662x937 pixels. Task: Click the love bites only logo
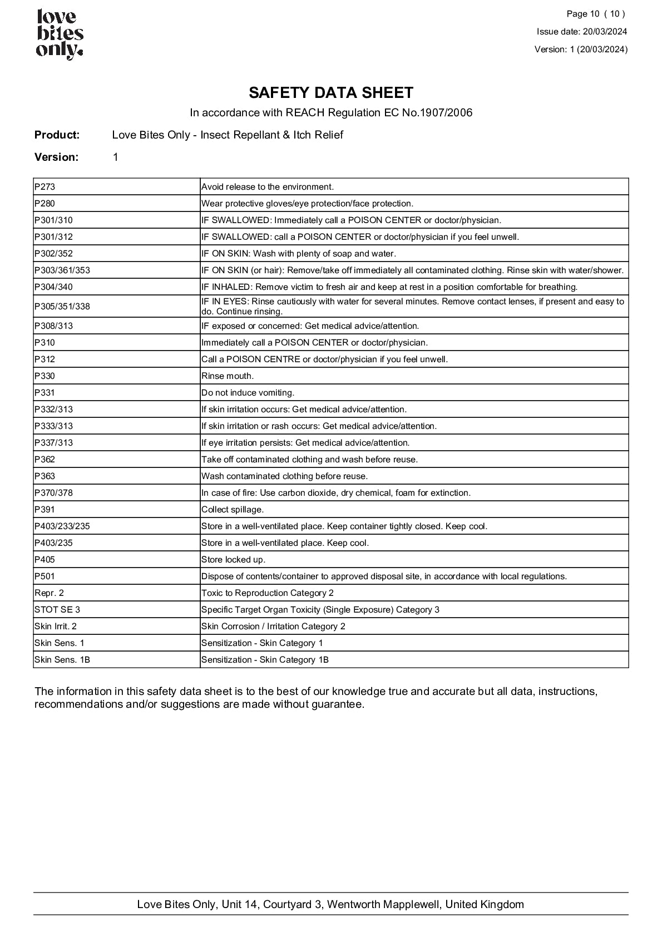[x=60, y=34]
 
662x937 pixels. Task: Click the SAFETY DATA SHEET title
[x=331, y=92]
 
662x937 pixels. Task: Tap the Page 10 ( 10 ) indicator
[x=596, y=14]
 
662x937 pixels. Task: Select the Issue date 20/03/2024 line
[x=582, y=32]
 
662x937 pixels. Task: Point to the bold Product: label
[x=57, y=135]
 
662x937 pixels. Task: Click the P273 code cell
[x=45, y=187]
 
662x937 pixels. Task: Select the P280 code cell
[x=45, y=204]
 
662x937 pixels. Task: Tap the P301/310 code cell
[x=53, y=220]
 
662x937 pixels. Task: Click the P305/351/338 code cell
[x=62, y=307]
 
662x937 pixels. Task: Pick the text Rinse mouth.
[x=228, y=376]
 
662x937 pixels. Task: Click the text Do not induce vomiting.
[x=248, y=393]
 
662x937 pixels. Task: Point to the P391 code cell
[x=45, y=510]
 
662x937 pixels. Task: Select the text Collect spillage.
[x=233, y=510]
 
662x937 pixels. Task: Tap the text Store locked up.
[x=234, y=560]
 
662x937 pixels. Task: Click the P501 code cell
[x=45, y=576]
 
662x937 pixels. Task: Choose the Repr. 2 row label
[x=50, y=593]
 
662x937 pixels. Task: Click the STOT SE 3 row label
[x=57, y=610]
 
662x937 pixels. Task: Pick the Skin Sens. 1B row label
[x=62, y=660]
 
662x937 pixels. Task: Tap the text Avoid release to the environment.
[x=268, y=187]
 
